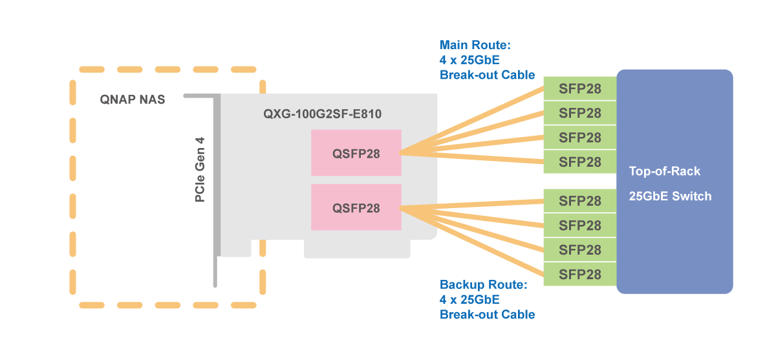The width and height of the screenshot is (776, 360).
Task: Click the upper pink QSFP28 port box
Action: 356,153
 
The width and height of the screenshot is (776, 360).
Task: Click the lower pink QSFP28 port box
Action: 356,207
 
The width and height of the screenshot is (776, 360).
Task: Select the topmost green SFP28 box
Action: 579,89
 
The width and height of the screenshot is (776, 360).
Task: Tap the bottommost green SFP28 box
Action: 579,274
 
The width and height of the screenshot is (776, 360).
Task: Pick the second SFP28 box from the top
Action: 579,113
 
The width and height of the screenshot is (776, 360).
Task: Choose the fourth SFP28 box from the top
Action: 579,162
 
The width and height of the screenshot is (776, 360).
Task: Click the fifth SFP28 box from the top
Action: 579,201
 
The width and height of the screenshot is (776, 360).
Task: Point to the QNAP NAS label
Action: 133,100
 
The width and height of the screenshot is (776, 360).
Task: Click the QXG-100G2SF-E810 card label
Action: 322,114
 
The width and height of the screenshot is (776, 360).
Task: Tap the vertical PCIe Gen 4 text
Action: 200,169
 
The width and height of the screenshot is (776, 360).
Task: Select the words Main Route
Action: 475,45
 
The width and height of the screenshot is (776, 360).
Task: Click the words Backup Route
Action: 484,284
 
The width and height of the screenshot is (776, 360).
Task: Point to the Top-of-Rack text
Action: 665,171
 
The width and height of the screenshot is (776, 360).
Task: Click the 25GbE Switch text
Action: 670,196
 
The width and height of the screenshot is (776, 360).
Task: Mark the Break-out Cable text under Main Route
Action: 487,75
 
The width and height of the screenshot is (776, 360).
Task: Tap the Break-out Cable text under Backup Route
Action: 487,315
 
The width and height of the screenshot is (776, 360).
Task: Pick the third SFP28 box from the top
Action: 579,138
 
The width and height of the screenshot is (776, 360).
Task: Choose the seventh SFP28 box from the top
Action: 579,249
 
